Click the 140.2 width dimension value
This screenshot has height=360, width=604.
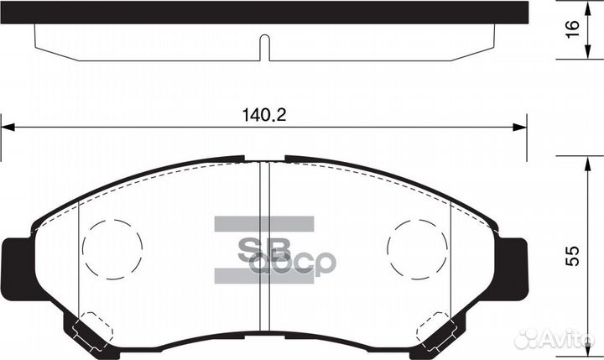pyautogui.click(x=263, y=117)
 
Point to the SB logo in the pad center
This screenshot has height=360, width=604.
pyautogui.click(x=263, y=249)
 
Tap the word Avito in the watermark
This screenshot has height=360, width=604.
pyautogui.click(x=566, y=338)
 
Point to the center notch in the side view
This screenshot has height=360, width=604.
pyautogui.click(x=264, y=47)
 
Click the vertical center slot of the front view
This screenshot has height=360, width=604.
pyautogui.click(x=264, y=252)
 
